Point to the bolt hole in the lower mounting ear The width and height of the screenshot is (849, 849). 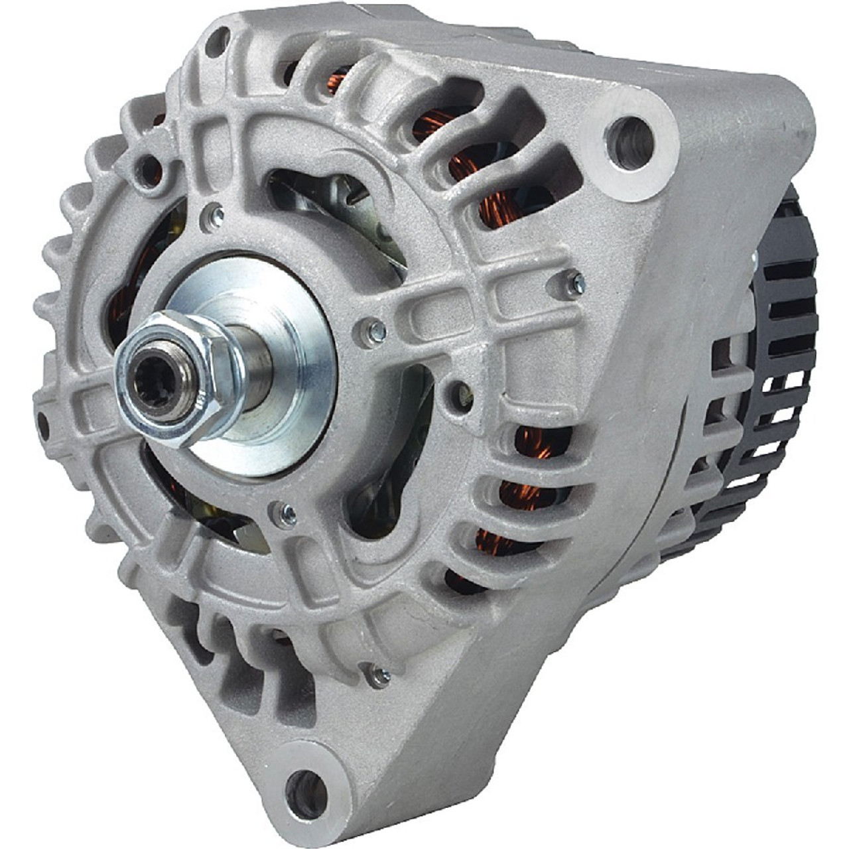click(x=309, y=791)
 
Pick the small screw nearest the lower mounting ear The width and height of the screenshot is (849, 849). click(x=380, y=675)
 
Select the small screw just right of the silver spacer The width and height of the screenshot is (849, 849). click(x=375, y=330)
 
